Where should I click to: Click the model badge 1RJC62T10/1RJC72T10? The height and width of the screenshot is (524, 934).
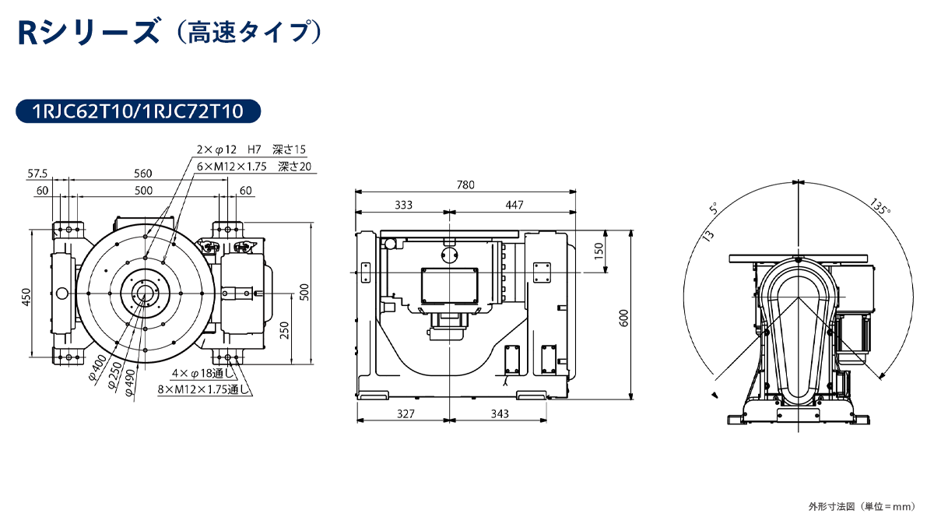point(137,111)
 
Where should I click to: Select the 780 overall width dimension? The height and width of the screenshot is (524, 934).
point(465,185)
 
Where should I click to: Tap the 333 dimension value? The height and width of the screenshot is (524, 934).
point(402,205)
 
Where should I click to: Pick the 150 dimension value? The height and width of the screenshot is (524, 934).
point(599,251)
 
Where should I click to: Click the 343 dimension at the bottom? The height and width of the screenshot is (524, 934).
point(499,413)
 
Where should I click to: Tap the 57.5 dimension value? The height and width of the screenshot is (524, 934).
point(37,173)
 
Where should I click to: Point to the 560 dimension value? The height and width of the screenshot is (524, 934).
point(143,173)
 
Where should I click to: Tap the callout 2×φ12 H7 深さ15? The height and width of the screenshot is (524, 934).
point(251,149)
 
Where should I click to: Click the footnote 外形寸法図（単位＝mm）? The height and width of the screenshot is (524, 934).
point(861,507)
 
